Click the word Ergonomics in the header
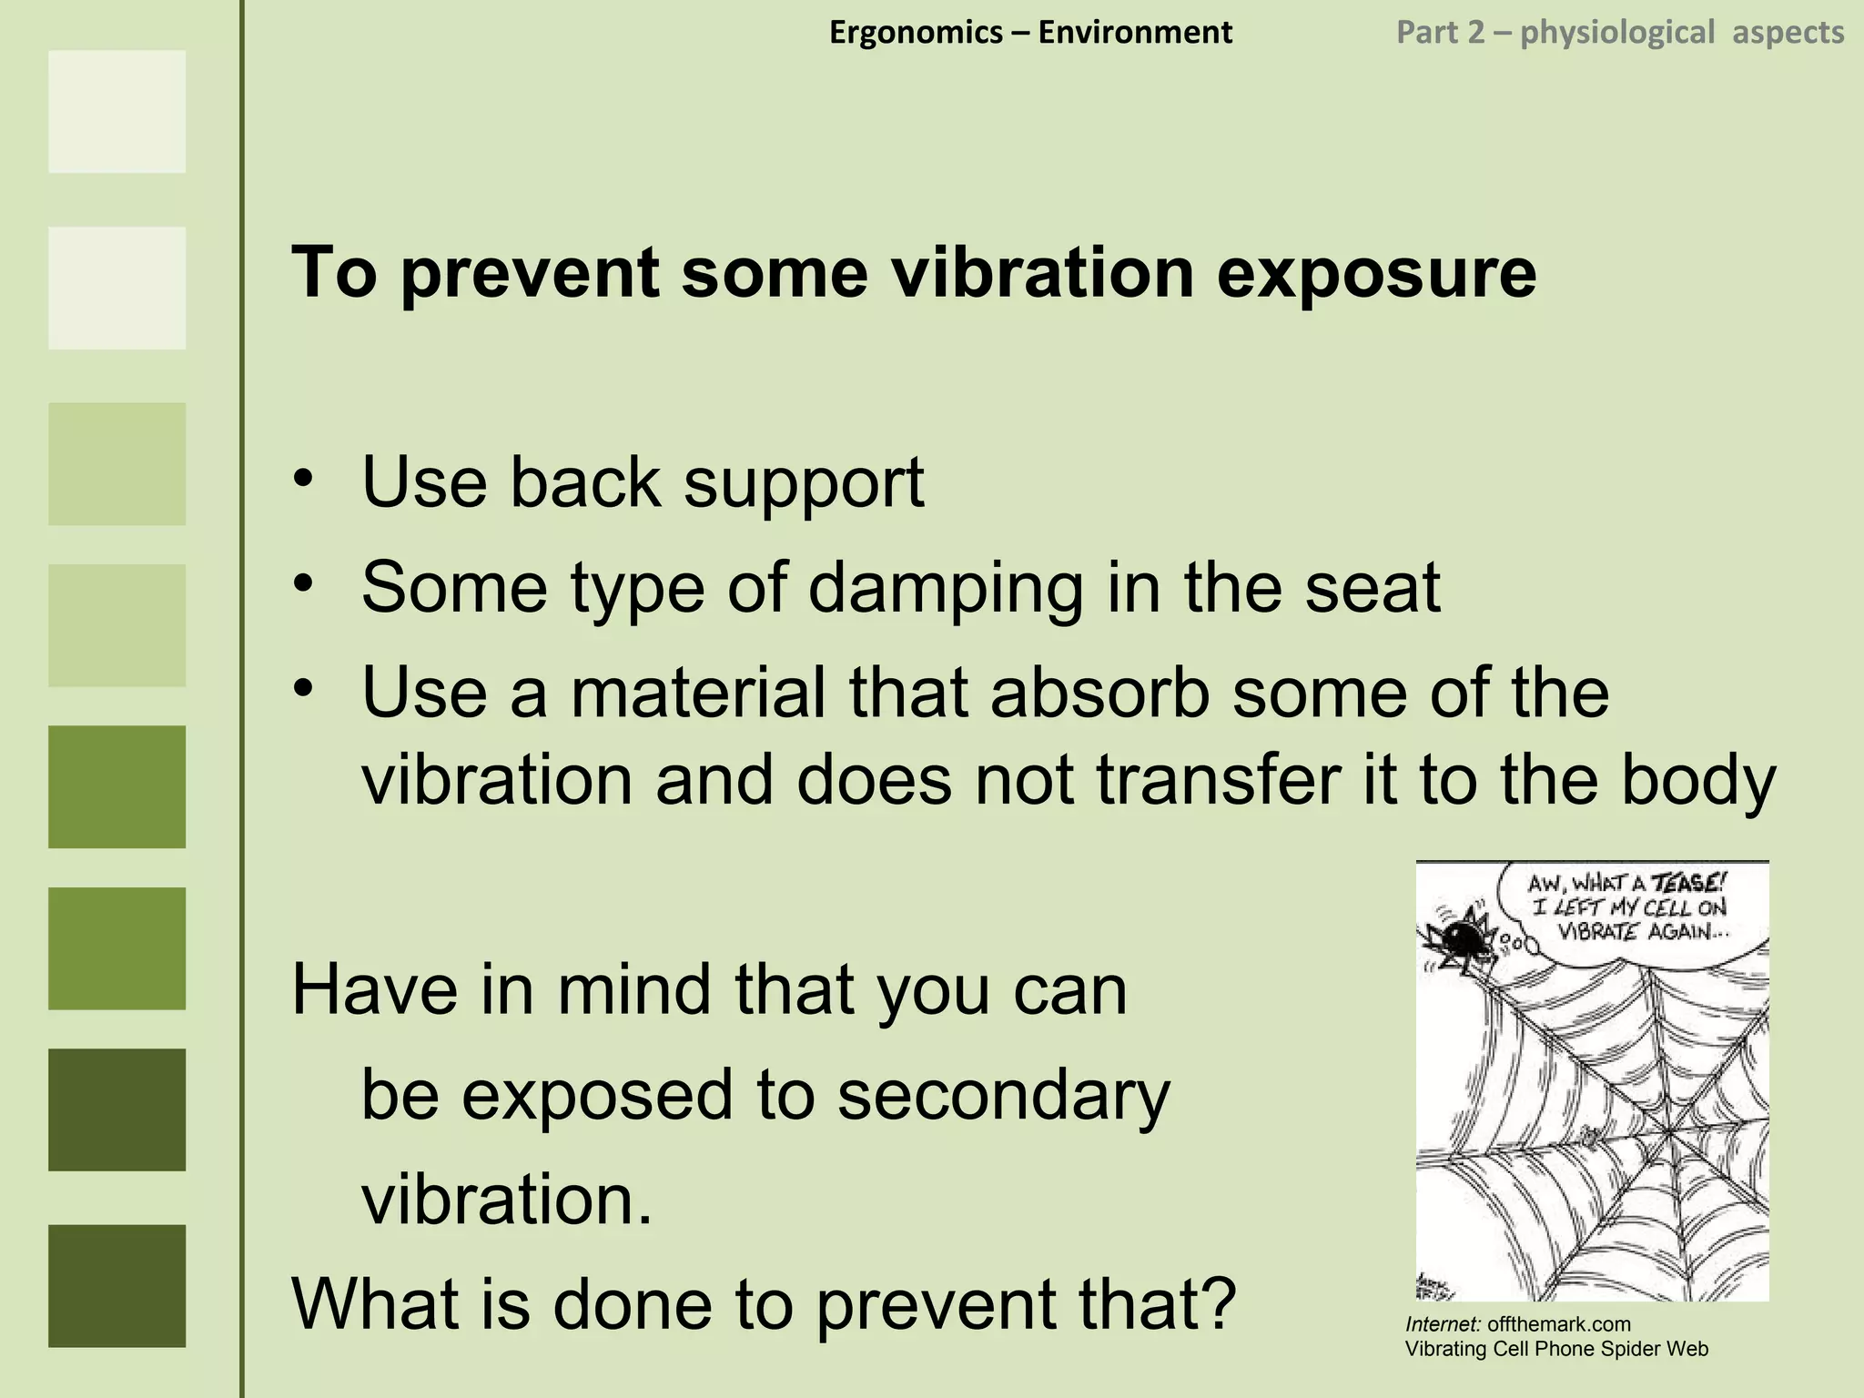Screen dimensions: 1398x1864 coord(916,33)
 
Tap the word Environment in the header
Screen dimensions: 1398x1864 coord(1135,33)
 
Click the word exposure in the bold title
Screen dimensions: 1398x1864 coord(1376,273)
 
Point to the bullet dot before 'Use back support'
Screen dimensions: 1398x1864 coord(303,479)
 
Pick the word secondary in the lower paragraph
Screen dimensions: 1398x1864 coord(1003,1096)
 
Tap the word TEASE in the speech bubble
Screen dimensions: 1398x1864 coord(1688,883)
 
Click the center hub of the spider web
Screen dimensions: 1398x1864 coord(1669,1131)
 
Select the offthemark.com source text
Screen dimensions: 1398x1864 coord(1558,1324)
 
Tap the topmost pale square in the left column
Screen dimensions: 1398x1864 coord(116,111)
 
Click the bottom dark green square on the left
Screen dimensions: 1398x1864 coord(116,1285)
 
